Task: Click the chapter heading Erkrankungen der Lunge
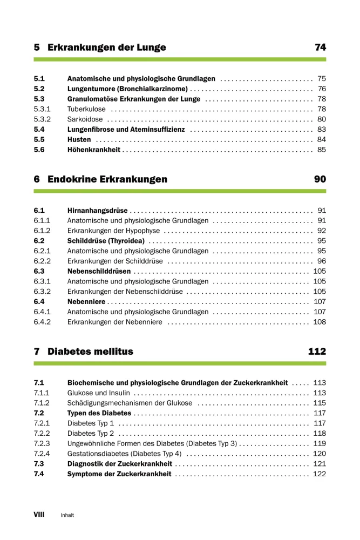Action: click(106, 48)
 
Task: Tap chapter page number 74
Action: click(320, 48)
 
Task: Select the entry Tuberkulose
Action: click(86, 109)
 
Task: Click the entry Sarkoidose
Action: click(85, 119)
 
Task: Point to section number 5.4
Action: click(39, 130)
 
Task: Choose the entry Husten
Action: click(79, 140)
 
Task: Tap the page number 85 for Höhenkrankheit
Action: click(322, 150)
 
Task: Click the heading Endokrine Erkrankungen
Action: click(107, 179)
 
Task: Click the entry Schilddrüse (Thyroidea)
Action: click(106, 241)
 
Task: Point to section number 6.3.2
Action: click(42, 292)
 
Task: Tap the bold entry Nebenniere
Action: click(86, 302)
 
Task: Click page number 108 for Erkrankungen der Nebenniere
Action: click(320, 322)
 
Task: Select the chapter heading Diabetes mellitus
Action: click(90, 352)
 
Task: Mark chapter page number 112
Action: click(317, 352)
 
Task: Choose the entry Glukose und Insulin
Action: click(98, 393)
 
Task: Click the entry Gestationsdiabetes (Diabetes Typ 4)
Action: click(124, 454)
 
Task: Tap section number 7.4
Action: click(39, 474)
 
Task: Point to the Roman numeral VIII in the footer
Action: click(39, 515)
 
